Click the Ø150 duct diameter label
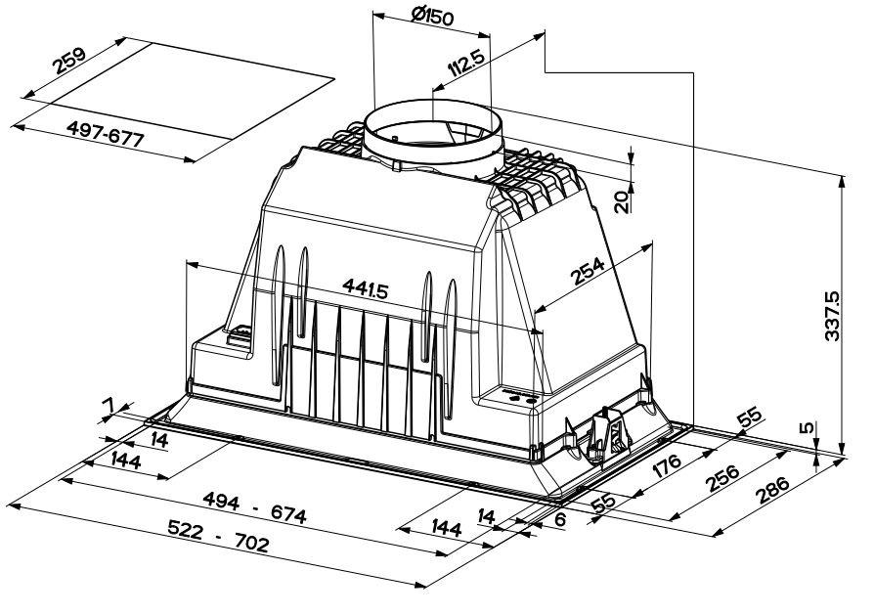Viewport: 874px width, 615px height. click(x=432, y=17)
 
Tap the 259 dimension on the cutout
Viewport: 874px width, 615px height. click(x=69, y=61)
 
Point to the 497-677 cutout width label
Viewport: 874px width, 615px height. click(x=106, y=134)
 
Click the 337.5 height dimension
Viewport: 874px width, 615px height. click(x=832, y=315)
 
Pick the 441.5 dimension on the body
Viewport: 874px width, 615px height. click(x=365, y=288)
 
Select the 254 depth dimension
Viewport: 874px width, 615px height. click(x=588, y=271)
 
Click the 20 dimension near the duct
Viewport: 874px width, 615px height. click(x=623, y=201)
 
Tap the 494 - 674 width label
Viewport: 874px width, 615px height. click(x=255, y=506)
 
